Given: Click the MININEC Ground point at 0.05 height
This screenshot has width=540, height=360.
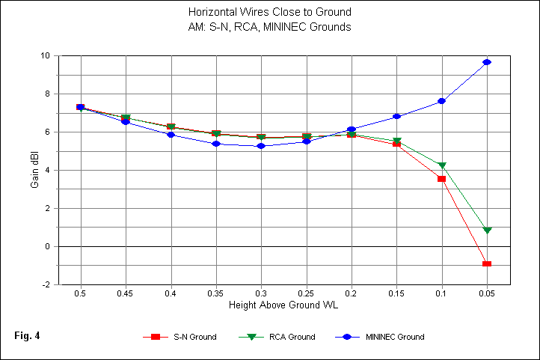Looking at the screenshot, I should tap(487, 62).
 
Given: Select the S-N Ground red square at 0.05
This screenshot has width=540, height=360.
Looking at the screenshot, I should tap(487, 264).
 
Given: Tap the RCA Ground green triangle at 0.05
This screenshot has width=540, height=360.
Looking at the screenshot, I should tap(487, 231).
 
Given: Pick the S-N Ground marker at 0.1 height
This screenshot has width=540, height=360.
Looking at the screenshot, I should tap(442, 179).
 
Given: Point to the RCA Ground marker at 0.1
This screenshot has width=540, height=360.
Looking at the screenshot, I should tap(442, 165).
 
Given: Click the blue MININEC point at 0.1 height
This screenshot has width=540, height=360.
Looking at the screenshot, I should tap(442, 100).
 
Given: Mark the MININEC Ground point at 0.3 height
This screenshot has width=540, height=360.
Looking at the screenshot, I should tap(261, 146).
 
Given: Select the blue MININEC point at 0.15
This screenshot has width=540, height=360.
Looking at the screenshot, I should tap(396, 116).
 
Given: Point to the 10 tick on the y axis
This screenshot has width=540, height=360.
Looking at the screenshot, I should tap(46, 56).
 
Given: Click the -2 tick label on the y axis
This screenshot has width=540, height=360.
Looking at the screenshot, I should tap(46, 285).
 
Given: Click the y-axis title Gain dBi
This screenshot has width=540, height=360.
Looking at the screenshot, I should tap(35, 171).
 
